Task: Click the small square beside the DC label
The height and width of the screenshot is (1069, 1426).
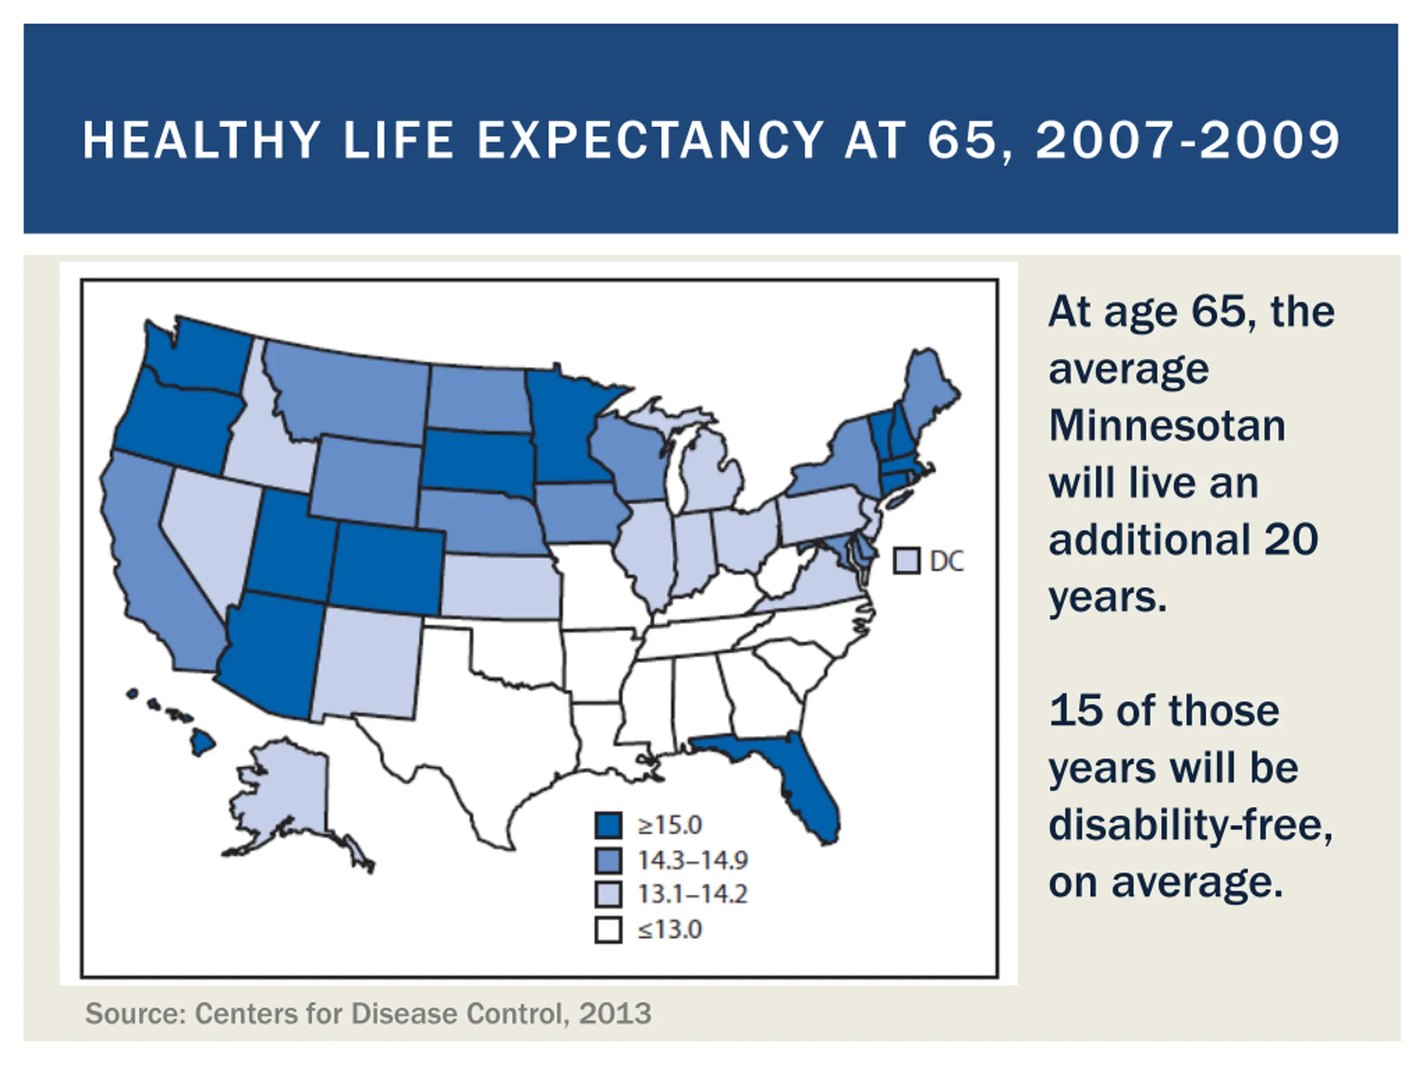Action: (x=906, y=561)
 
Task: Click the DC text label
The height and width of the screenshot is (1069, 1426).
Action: (x=947, y=561)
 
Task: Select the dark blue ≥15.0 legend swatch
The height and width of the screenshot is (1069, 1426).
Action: (x=608, y=825)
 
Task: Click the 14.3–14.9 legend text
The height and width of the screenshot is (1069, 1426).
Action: (x=692, y=860)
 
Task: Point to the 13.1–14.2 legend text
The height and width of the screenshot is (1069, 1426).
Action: (x=692, y=894)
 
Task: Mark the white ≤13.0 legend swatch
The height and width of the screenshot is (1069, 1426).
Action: (x=608, y=930)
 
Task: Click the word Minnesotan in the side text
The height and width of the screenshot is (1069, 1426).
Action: (x=1167, y=426)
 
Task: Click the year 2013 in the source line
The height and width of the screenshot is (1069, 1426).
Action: (x=615, y=1013)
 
